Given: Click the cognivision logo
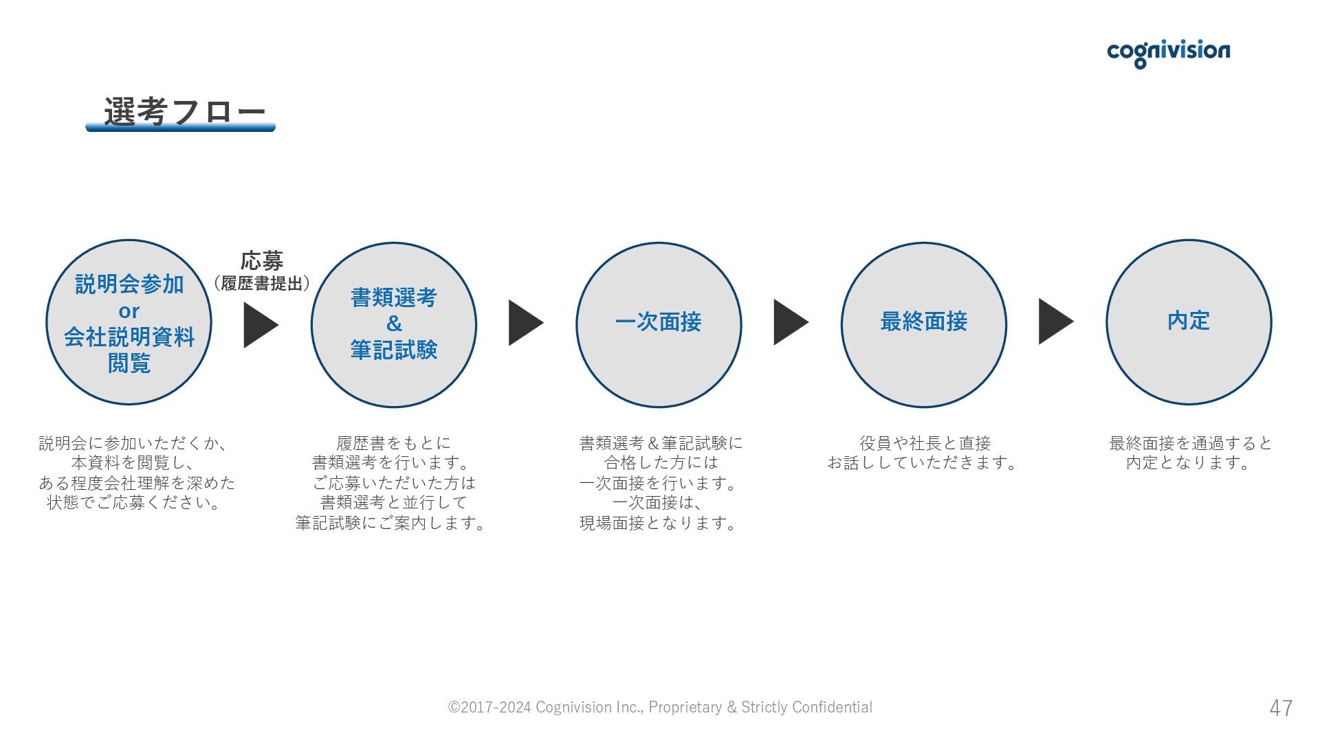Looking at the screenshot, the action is click(x=1168, y=52).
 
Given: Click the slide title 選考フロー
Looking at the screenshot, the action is click(x=184, y=111).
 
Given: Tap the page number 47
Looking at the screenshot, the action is click(x=1281, y=708).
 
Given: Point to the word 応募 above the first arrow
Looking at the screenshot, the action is click(x=262, y=261).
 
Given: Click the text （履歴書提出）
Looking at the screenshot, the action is click(x=262, y=283).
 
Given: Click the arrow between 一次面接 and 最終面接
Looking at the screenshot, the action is click(x=789, y=322).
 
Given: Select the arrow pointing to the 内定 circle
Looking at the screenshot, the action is click(x=1054, y=321).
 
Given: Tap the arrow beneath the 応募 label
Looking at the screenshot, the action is click(x=259, y=325).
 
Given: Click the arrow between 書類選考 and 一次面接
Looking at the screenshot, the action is click(x=524, y=322).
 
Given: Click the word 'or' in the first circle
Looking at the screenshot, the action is click(x=129, y=311).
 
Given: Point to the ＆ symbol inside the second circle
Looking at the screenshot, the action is click(x=394, y=324).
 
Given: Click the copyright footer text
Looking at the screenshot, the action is click(x=660, y=707).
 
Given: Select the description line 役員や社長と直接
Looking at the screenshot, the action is click(x=925, y=443).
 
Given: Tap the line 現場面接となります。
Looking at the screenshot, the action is click(x=658, y=523).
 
